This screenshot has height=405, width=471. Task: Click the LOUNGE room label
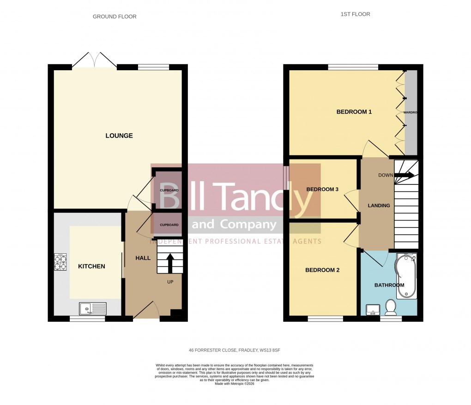119,135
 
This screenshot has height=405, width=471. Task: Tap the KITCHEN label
91,266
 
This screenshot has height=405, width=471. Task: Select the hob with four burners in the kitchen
60,262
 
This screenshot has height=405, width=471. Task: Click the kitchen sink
92,308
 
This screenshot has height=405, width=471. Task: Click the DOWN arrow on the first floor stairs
405,175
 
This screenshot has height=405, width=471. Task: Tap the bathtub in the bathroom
406,282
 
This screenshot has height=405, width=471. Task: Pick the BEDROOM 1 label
354,112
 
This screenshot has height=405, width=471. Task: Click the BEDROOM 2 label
322,270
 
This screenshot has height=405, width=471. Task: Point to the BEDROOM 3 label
322,190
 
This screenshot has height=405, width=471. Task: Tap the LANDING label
379,206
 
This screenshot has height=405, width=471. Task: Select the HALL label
143,258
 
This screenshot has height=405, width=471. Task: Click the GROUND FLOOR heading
115,17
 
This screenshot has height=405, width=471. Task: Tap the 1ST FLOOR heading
355,14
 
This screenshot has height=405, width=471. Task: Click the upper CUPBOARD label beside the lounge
169,190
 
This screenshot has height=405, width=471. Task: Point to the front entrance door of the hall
146,310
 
